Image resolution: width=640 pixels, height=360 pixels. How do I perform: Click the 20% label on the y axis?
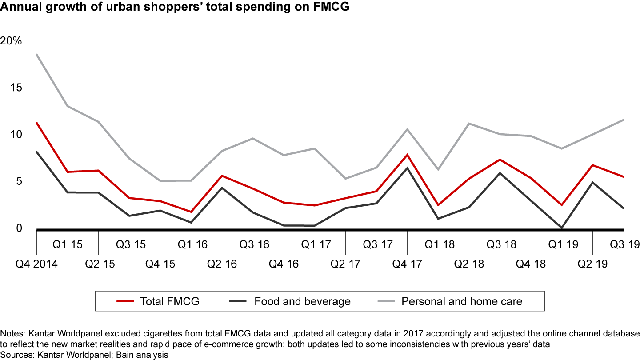[11, 41]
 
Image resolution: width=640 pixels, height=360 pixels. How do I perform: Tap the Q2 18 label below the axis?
[469, 264]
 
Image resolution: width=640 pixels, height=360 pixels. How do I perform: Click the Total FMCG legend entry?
[170, 301]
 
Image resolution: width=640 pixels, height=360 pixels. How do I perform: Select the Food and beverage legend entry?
[302, 301]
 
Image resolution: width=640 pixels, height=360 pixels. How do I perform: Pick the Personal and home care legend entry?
[462, 301]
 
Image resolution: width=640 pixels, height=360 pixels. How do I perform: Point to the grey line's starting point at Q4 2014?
[36, 55]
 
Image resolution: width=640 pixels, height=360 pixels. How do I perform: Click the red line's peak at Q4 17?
[407, 155]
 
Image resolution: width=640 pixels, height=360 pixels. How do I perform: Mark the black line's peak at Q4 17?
[407, 168]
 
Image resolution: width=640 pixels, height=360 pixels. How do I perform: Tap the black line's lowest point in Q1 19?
[562, 228]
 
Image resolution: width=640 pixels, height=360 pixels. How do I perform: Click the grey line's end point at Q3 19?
[624, 120]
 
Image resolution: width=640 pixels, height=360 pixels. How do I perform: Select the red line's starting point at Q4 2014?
[36, 123]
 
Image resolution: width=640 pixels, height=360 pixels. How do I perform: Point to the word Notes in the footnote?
[11, 333]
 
